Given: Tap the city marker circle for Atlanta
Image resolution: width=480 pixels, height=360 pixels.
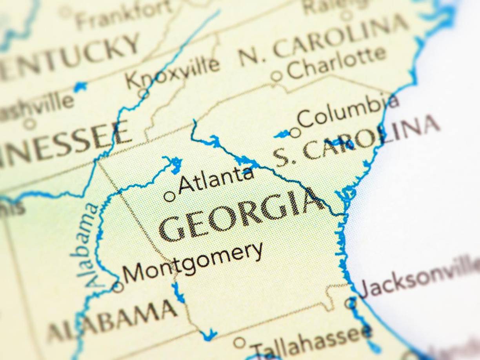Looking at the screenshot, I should tap(170, 196).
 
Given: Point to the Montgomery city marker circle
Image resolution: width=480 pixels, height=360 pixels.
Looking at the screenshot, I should tap(118, 287).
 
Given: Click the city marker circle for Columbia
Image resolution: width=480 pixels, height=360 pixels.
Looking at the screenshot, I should tap(295, 133).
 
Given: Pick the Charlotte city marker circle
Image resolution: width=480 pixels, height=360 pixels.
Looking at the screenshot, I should tap(276, 76).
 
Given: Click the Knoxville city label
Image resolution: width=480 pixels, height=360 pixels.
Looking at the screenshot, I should tap(173, 73).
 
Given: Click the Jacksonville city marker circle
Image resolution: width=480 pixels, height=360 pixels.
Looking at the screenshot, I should tap(350, 303).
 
